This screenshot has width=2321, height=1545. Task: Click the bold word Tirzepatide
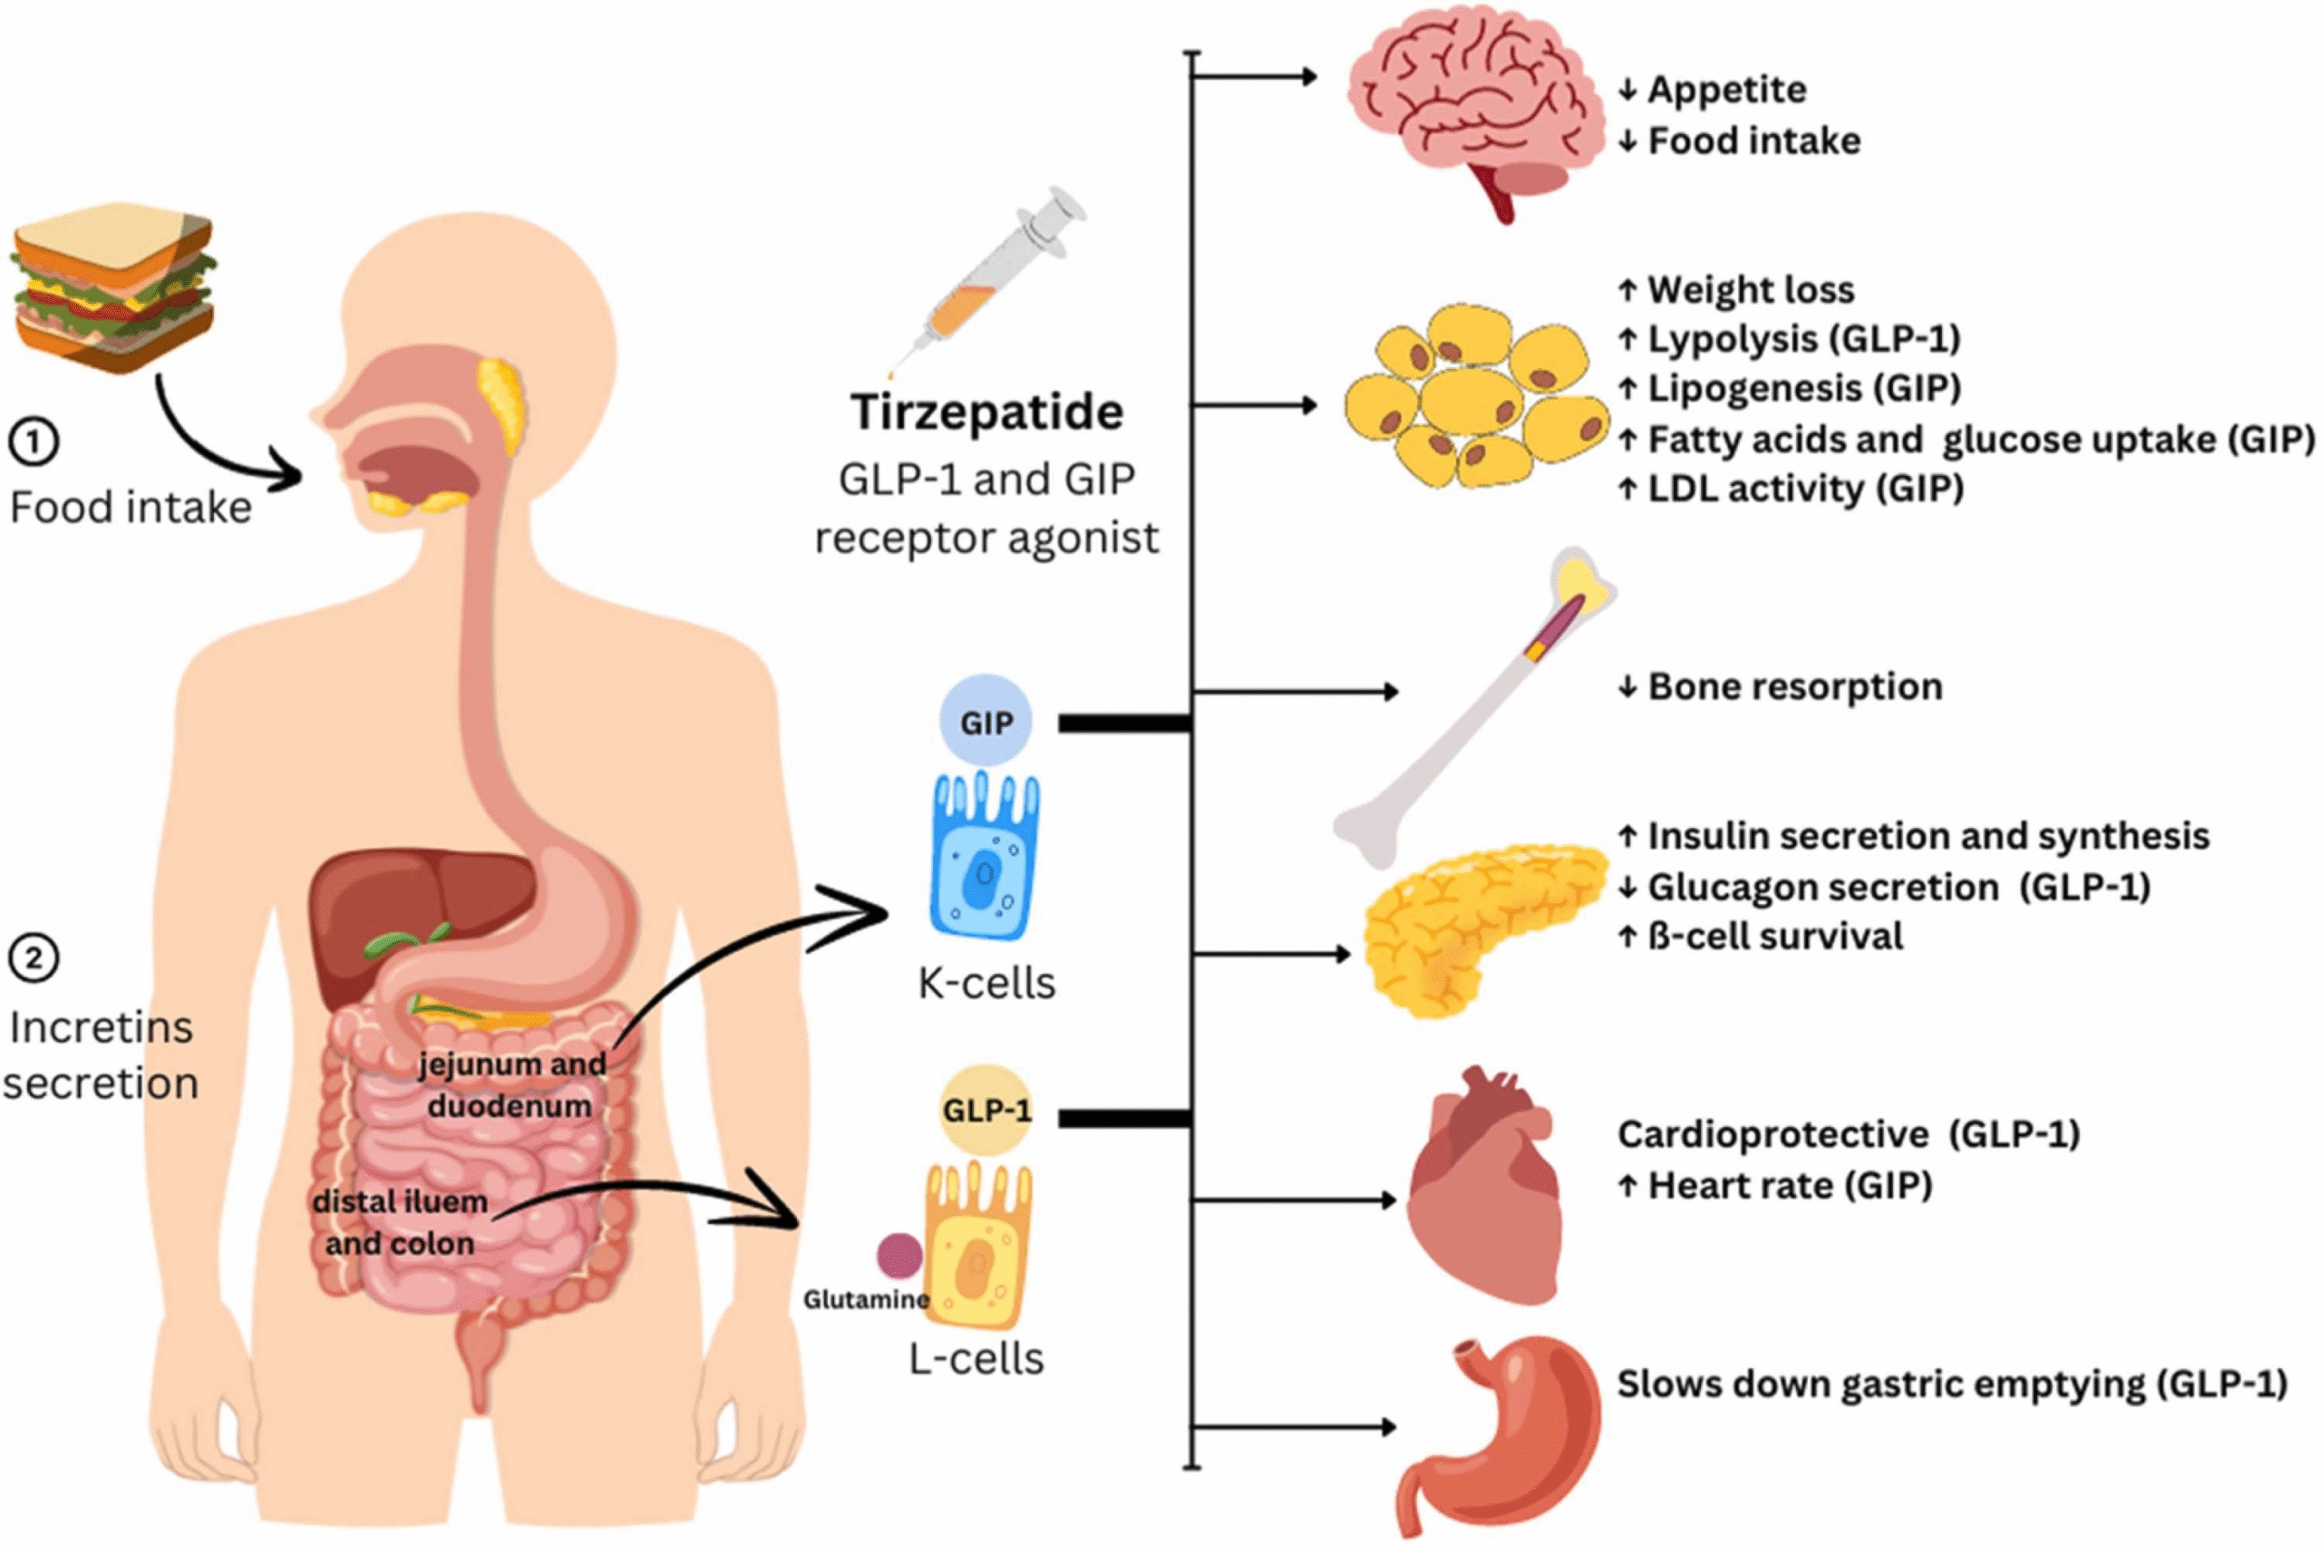pos(986,412)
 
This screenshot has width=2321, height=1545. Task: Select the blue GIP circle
pos(986,723)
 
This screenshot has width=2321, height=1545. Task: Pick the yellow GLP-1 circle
pos(986,1111)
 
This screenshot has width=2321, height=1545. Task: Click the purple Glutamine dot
pos(899,1255)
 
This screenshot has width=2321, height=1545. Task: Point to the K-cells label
pos(986,982)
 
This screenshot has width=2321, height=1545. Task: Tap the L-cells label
pos(976,1359)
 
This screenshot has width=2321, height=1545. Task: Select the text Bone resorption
pos(1794,686)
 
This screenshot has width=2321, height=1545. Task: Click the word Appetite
pos(1726,90)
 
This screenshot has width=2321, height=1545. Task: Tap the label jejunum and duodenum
pos(510,1084)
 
